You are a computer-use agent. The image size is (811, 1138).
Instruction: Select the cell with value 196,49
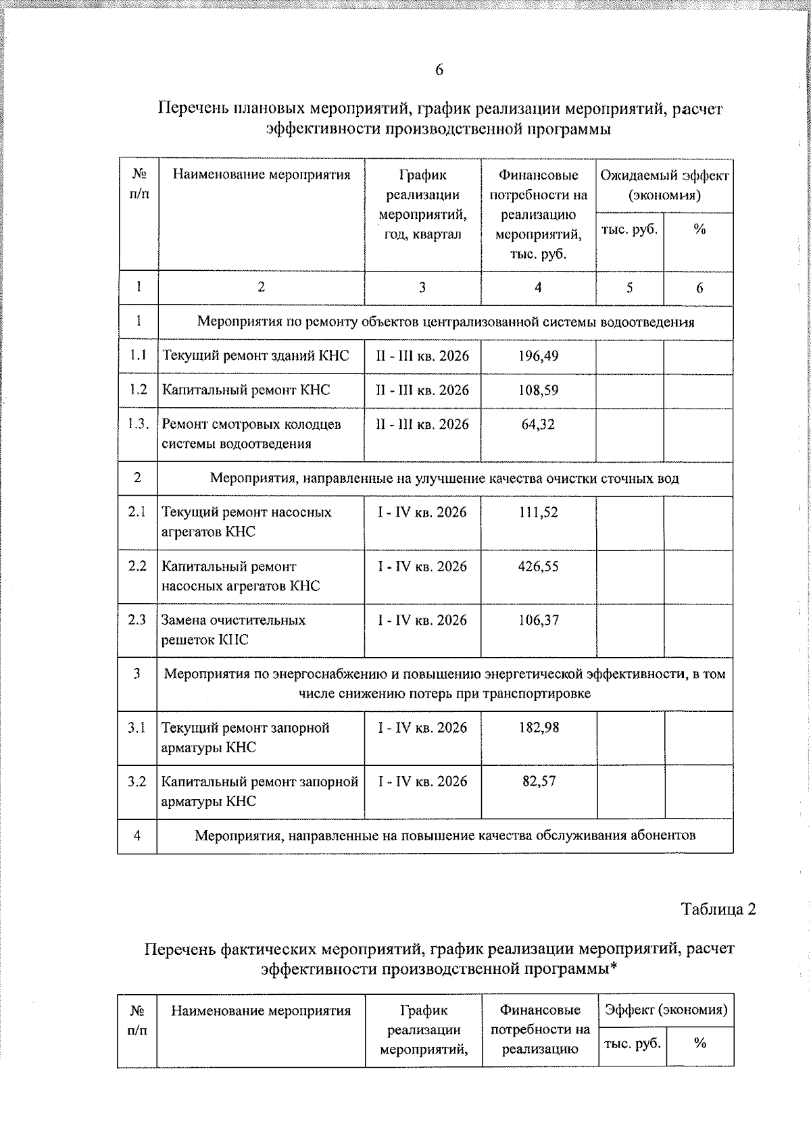tap(538, 356)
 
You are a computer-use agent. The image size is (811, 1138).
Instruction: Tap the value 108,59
tap(538, 390)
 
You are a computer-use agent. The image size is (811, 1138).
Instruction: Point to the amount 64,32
tap(538, 424)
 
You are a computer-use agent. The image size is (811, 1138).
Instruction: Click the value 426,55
tap(538, 567)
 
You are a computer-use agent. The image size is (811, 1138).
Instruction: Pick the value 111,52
tap(538, 513)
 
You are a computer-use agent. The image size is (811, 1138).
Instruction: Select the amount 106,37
tap(538, 620)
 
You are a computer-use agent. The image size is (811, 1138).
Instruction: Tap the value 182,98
tap(539, 728)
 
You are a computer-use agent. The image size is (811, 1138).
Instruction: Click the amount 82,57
tap(539, 781)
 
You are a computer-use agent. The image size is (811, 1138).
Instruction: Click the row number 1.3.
tap(138, 424)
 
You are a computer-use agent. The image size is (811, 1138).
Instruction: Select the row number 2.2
tap(137, 567)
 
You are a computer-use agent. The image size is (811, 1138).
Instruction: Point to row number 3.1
tap(137, 728)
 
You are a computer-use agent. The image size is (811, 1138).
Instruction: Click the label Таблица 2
tap(718, 909)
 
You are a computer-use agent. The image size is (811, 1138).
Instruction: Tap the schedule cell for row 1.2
tap(422, 390)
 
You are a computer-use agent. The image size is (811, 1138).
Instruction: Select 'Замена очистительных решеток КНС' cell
tap(233, 629)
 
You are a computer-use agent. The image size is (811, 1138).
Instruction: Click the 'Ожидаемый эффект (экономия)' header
tap(664, 186)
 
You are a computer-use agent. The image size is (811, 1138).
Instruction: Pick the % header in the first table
tap(699, 230)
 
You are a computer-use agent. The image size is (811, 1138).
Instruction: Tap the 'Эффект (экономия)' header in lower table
tap(666, 1010)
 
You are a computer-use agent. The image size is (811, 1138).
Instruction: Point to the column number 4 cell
tap(538, 288)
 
